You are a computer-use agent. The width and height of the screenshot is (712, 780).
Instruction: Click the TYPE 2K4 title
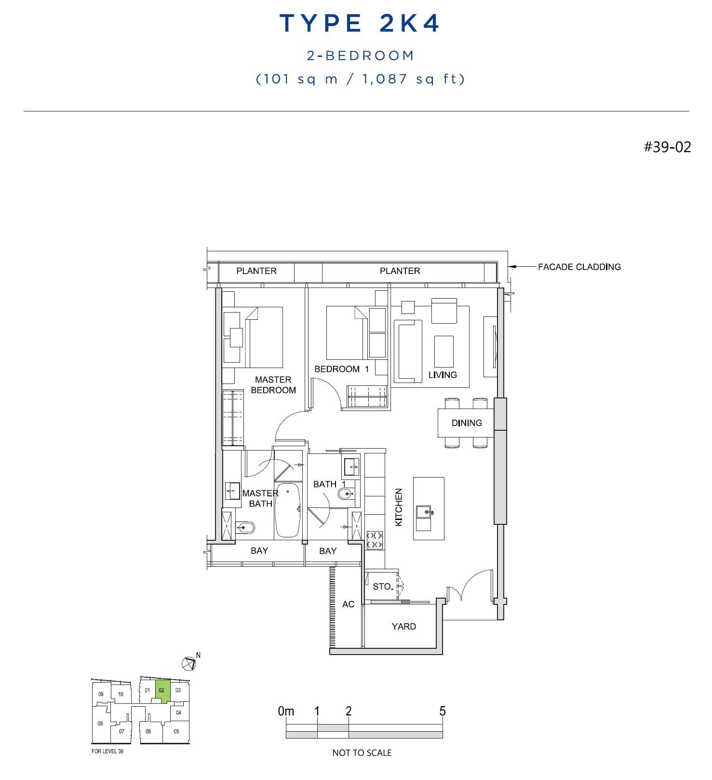(x=360, y=23)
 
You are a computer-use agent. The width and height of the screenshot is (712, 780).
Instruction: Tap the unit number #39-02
(x=667, y=147)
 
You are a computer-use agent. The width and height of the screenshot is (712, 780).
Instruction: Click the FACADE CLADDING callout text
(x=579, y=267)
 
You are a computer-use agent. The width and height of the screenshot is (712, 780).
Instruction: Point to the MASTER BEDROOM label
(x=273, y=385)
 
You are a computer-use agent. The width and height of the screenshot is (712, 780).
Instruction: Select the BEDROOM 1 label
(x=341, y=369)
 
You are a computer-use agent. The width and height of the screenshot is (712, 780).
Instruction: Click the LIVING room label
(x=443, y=375)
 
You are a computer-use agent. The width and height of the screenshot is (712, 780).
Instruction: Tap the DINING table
(x=466, y=423)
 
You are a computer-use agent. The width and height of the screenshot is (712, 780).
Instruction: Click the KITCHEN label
(x=399, y=507)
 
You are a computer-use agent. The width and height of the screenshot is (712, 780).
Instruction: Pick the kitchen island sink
(x=425, y=511)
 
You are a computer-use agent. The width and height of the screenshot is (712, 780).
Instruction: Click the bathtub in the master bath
(x=287, y=510)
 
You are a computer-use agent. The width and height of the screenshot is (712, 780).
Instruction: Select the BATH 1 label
(x=330, y=484)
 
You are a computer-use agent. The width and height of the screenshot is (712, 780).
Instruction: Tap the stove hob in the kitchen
(x=375, y=540)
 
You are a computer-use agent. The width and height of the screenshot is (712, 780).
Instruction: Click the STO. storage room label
(x=383, y=587)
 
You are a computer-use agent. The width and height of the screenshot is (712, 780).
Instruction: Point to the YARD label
(x=403, y=627)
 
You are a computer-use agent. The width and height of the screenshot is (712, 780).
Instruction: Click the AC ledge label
(x=348, y=604)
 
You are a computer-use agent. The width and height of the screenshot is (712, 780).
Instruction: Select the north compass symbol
(x=189, y=664)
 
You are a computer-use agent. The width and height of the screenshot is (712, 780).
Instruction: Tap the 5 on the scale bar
(x=442, y=711)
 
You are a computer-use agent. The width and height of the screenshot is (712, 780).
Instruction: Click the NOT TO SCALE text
(x=362, y=753)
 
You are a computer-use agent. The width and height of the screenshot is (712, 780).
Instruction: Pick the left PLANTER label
(x=256, y=271)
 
